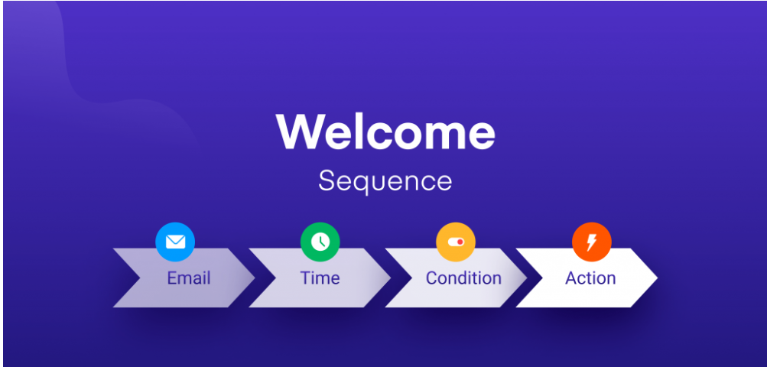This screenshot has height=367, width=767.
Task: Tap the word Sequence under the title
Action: tap(385, 182)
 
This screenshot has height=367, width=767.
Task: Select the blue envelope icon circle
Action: tap(175, 242)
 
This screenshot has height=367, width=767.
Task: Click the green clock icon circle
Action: tap(320, 242)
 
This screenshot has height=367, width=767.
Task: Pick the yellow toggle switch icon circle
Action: tap(456, 242)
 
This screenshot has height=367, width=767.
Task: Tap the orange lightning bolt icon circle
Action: tap(591, 242)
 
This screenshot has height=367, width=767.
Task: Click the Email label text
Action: tap(188, 278)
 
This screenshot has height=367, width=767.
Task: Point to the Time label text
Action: tap(320, 278)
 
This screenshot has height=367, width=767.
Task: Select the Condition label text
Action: tap(463, 278)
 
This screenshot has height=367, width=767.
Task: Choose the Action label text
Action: tap(590, 278)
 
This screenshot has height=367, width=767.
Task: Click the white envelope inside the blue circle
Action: tap(175, 242)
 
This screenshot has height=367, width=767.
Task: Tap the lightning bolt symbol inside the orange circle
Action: tap(591, 242)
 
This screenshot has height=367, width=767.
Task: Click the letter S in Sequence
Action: tap(326, 182)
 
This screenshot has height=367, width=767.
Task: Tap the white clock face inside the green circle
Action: tap(320, 242)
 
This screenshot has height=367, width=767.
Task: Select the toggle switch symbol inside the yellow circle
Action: tap(456, 242)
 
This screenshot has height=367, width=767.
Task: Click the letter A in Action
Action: tap(570, 278)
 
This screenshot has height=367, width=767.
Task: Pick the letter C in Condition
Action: tap(431, 278)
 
